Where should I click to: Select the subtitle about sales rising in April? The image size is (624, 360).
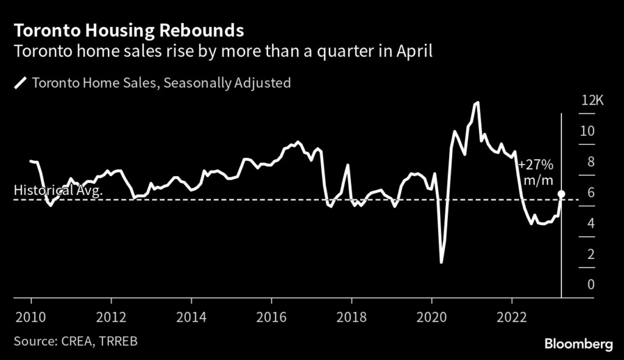pos(223,51)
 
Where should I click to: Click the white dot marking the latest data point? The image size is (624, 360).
pos(561,194)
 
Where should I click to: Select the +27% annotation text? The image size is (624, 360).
pos(536,164)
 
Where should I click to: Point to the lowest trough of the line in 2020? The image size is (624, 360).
pos(441,263)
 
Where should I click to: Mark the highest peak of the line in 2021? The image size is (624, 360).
pos(477,102)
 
